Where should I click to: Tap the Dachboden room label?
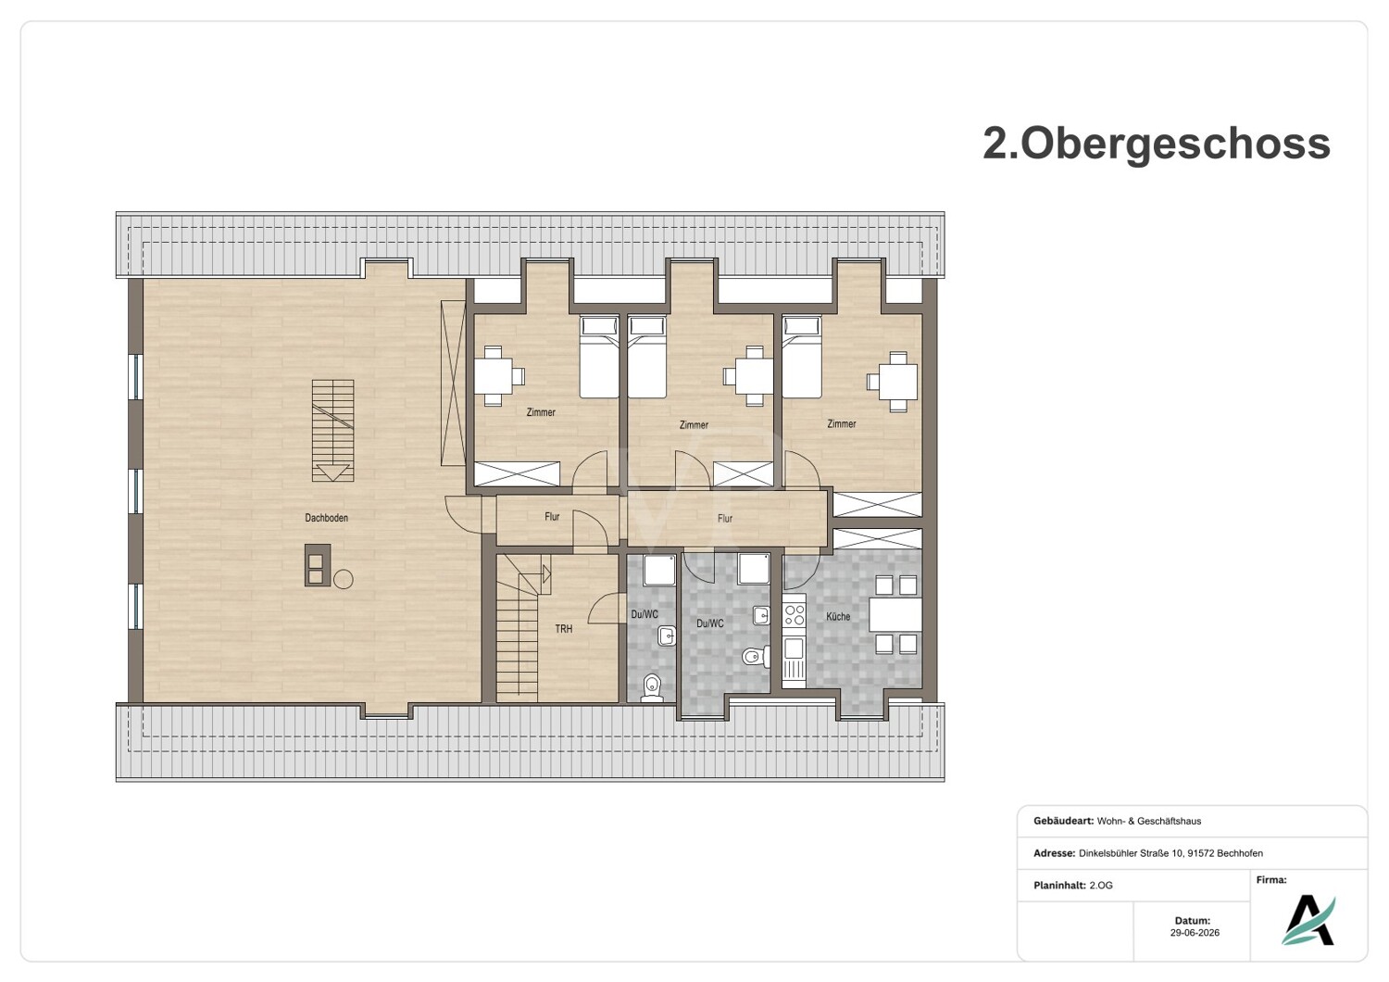click(326, 517)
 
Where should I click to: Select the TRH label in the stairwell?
click(564, 629)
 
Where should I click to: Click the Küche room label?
click(838, 617)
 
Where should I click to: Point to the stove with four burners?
click(795, 615)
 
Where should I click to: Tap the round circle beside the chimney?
click(344, 579)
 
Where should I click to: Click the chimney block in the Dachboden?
click(318, 565)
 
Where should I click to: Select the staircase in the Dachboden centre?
click(333, 431)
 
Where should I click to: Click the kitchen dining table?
click(895, 615)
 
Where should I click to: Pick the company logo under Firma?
click(1308, 920)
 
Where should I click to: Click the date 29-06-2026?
click(1195, 932)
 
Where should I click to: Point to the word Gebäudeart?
click(1063, 821)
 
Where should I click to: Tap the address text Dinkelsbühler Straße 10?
click(1130, 853)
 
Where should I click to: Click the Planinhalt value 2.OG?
click(1101, 886)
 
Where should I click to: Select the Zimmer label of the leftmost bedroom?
click(541, 412)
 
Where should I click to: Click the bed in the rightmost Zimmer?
click(802, 356)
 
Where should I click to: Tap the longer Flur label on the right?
click(725, 518)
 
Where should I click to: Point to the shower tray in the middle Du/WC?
click(754, 569)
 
